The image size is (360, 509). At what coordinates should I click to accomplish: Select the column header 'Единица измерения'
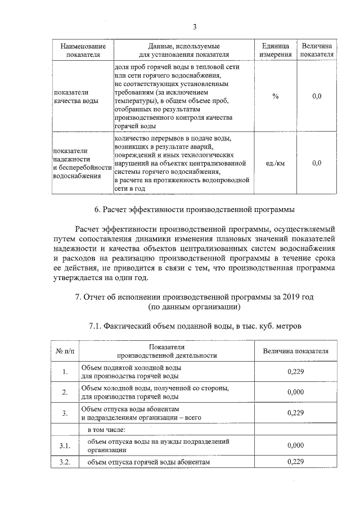pyautogui.click(x=275, y=50)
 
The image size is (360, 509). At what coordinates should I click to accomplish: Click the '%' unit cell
pyautogui.click(x=275, y=96)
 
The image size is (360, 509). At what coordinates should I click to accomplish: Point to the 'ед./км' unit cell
pyautogui.click(x=275, y=163)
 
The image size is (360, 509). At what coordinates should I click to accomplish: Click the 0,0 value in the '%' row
pyautogui.click(x=317, y=96)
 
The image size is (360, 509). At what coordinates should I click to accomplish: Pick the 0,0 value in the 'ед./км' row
pyautogui.click(x=317, y=163)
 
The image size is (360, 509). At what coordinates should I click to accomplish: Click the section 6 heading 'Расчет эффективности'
pyautogui.click(x=194, y=210)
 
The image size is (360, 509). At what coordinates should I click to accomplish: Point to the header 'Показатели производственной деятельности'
pyautogui.click(x=166, y=352)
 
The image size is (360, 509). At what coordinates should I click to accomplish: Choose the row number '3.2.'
pyautogui.click(x=65, y=462)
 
